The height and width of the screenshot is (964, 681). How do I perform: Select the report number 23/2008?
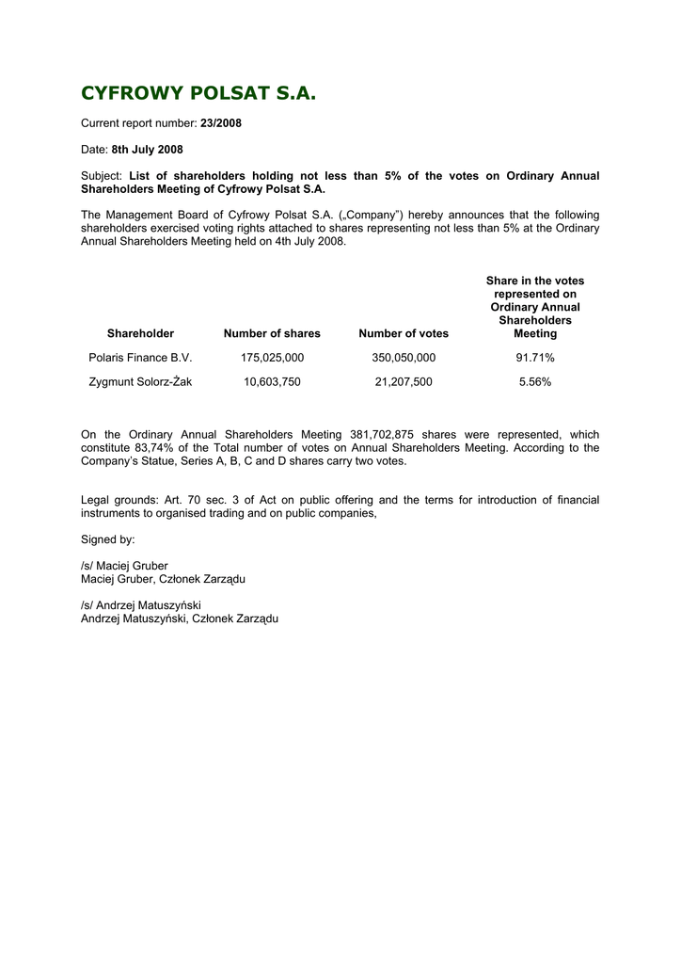[x=221, y=123]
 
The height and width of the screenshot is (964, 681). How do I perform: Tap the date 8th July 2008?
[x=147, y=150]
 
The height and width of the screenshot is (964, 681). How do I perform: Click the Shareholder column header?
[x=140, y=333]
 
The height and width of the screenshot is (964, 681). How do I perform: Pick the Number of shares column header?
[x=272, y=333]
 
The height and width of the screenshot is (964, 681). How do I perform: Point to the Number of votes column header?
[x=404, y=333]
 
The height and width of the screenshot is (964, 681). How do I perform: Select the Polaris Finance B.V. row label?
[x=140, y=358]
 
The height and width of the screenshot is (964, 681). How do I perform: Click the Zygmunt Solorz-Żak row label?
[x=140, y=382]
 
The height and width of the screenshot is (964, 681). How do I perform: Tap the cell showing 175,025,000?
[x=272, y=358]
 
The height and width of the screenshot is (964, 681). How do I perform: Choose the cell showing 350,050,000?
[x=404, y=358]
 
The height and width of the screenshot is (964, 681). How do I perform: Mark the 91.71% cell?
[x=535, y=358]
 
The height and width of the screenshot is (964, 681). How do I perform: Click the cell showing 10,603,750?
[x=272, y=382]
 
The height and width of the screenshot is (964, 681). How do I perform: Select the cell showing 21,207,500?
[x=404, y=382]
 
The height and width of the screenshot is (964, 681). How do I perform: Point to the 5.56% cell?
[x=535, y=382]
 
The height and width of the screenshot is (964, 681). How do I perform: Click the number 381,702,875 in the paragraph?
[x=382, y=435]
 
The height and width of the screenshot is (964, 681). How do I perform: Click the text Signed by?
[x=108, y=539]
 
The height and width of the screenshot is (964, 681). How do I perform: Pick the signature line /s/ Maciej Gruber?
[x=124, y=566]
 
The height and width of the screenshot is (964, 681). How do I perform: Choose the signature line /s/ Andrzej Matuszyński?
[x=141, y=605]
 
